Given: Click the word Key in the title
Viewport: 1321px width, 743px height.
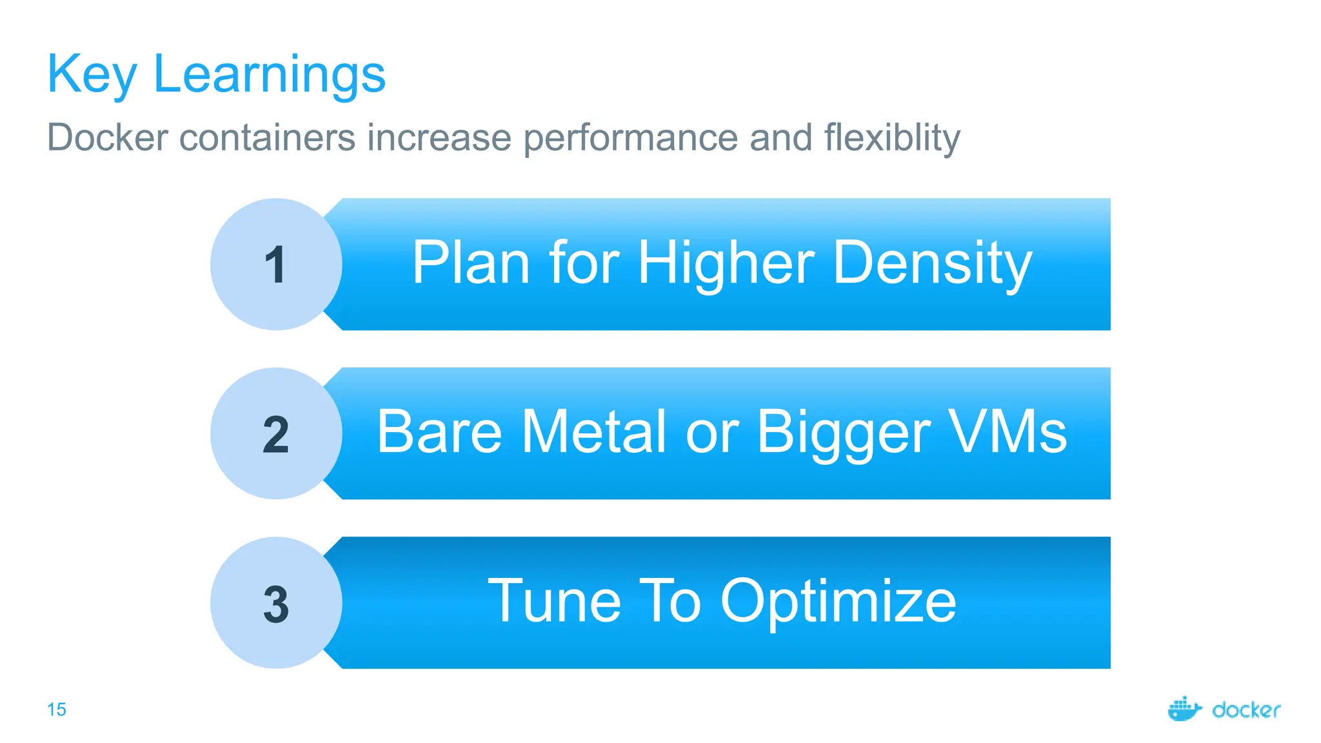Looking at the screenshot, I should tap(91, 75).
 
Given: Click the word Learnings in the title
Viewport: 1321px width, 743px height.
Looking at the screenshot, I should tap(269, 75).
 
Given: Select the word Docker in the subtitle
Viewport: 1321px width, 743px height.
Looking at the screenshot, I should tap(107, 137).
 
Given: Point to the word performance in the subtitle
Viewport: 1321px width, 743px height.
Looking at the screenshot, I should tap(630, 137).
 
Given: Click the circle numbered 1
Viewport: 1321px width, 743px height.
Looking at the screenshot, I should tap(276, 264).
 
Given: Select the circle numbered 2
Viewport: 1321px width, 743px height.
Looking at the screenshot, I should tap(276, 433).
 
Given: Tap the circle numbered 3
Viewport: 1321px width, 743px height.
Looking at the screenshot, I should tap(276, 603).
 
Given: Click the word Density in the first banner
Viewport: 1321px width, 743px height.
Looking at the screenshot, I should tap(932, 263).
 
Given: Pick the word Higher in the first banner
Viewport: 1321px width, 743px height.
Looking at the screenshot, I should tap(726, 263).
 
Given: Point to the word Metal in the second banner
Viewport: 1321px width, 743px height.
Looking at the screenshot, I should tap(593, 431).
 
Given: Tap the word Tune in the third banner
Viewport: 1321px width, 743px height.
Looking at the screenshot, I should tap(554, 601).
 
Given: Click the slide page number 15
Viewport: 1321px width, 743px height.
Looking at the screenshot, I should tap(57, 709).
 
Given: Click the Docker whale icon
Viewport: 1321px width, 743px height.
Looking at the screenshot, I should tap(1184, 709).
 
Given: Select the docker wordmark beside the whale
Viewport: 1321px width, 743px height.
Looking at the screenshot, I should tap(1246, 710).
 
